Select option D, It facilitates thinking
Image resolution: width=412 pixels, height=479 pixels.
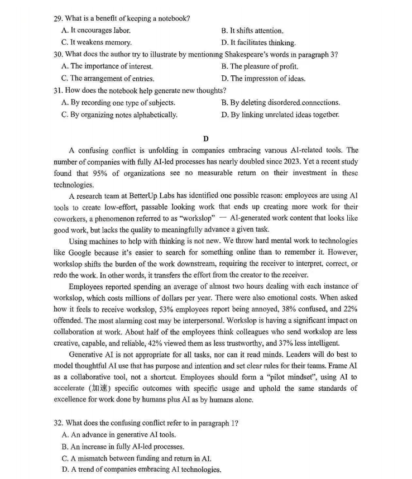(x=258, y=42)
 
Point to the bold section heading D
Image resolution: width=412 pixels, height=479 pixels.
(x=205, y=138)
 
